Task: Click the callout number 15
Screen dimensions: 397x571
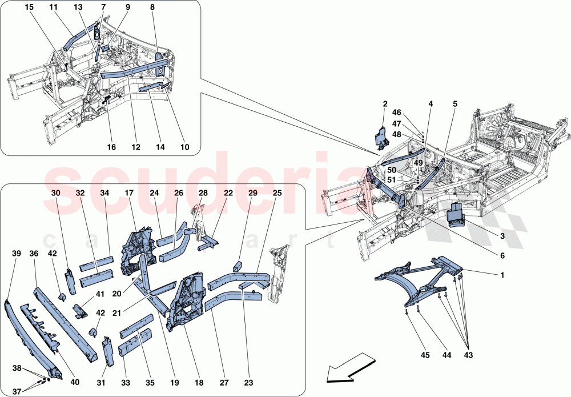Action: [x=29, y=7]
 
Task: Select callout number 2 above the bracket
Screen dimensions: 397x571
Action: [x=385, y=104]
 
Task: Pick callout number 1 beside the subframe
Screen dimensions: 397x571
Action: [x=502, y=275]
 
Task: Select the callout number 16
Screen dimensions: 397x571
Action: [x=111, y=147]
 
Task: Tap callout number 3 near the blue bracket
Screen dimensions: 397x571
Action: [x=502, y=236]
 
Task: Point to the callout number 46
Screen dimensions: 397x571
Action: [x=413, y=114]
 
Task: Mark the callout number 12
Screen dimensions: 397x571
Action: [x=136, y=147]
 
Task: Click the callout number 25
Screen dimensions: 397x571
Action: [x=277, y=194]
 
